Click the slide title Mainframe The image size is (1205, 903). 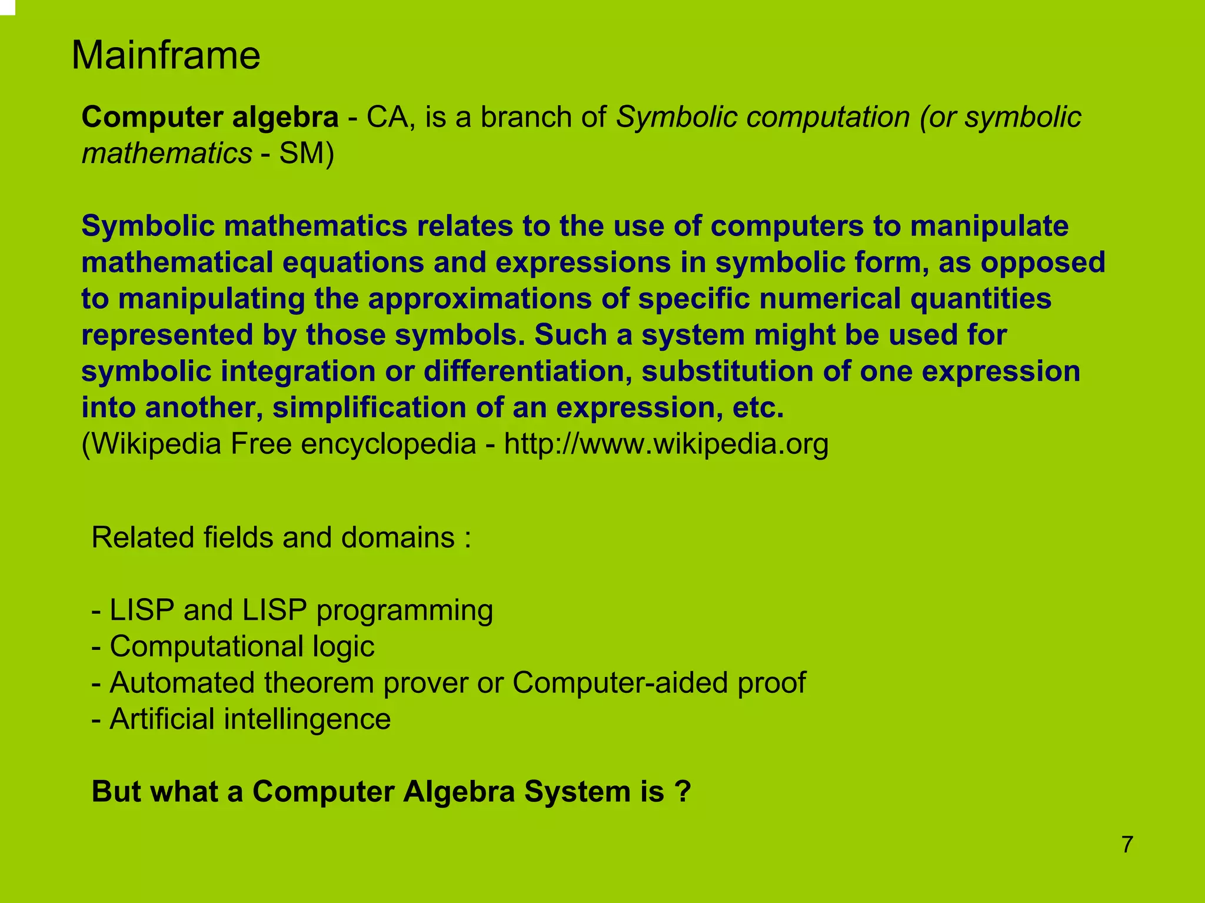pos(165,55)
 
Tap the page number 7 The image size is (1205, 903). pos(1127,844)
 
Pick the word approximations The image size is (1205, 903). pos(479,298)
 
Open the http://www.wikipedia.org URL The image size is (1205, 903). pos(666,444)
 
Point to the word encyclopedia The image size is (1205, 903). pos(388,444)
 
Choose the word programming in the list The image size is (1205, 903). pos(404,610)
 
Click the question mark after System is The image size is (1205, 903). pos(683,792)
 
